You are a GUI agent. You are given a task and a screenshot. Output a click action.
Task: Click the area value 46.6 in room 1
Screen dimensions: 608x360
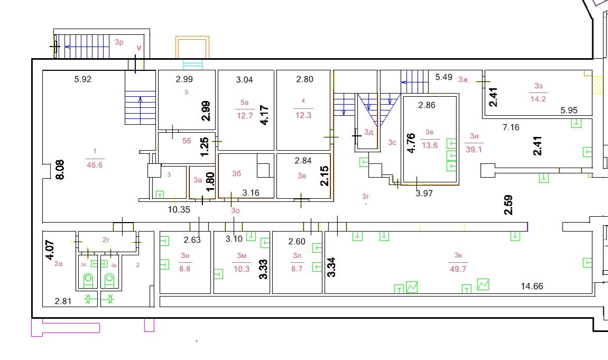pyautogui.click(x=95, y=165)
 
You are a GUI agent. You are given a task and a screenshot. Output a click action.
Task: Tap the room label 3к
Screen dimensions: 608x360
pyautogui.click(x=458, y=255)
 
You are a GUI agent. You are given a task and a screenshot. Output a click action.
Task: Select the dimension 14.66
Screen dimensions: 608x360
pyautogui.click(x=532, y=286)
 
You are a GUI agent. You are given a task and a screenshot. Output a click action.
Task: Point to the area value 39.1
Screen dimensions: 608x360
pyautogui.click(x=474, y=149)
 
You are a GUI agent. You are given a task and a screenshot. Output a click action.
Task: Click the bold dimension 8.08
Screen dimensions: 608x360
pyautogui.click(x=60, y=169)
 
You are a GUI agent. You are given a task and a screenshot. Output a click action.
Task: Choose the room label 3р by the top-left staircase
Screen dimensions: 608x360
pyautogui.click(x=119, y=42)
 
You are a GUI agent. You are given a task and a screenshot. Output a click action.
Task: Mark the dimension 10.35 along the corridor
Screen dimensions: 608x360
pyautogui.click(x=179, y=210)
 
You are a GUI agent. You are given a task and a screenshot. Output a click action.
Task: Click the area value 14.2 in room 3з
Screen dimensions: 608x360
pyautogui.click(x=538, y=99)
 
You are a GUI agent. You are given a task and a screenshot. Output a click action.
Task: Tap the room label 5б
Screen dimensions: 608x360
pyautogui.click(x=187, y=141)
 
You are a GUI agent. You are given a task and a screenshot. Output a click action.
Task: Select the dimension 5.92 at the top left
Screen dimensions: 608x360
pyautogui.click(x=83, y=79)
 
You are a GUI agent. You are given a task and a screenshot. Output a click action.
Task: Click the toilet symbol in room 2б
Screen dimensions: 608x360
pyautogui.click(x=88, y=280)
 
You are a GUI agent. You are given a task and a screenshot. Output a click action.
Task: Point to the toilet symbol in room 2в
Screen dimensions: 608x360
pyautogui.click(x=109, y=280)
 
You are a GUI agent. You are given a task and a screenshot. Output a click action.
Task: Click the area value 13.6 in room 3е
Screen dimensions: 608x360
pyautogui.click(x=430, y=145)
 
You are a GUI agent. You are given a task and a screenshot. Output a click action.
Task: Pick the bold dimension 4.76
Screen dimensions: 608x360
pyautogui.click(x=411, y=143)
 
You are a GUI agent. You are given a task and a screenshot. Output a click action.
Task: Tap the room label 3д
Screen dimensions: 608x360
pyautogui.click(x=369, y=132)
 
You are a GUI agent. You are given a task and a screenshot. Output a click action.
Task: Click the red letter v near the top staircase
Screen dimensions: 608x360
pyautogui.click(x=139, y=48)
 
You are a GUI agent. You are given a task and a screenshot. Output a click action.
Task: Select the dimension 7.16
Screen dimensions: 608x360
pyautogui.click(x=511, y=127)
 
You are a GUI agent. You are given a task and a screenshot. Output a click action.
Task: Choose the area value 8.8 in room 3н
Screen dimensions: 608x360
pyautogui.click(x=185, y=269)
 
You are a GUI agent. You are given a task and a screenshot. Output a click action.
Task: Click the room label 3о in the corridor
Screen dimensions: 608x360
pyautogui.click(x=236, y=210)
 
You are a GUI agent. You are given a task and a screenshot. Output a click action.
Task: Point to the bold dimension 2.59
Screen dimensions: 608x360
pyautogui.click(x=509, y=205)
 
